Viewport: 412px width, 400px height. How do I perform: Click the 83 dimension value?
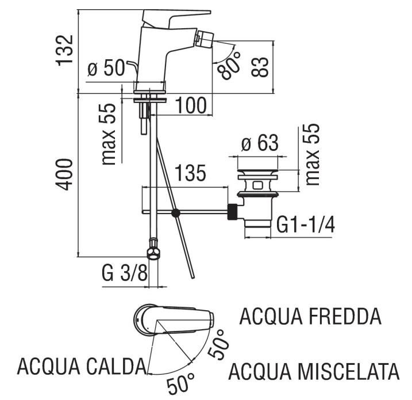pyautogui.click(x=260, y=67)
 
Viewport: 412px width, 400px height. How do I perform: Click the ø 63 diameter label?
pyautogui.click(x=259, y=143)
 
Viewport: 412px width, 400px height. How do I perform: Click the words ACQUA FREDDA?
pyautogui.click(x=310, y=316)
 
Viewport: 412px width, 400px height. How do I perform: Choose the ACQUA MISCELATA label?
pyautogui.click(x=314, y=371)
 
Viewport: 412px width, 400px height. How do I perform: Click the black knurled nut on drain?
pyautogui.click(x=233, y=212)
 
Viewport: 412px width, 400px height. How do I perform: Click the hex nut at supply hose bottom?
pyautogui.click(x=152, y=254)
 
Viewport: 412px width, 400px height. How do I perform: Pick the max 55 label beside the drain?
pyautogui.click(x=313, y=154)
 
